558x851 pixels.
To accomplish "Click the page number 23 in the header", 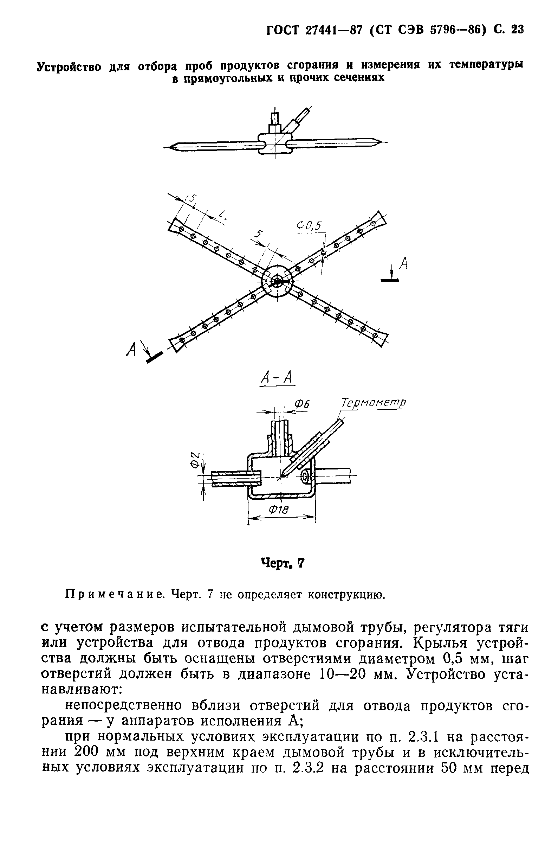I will (x=517, y=30).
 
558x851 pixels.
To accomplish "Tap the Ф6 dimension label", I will (x=301, y=404).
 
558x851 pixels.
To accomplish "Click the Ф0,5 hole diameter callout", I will (x=309, y=226).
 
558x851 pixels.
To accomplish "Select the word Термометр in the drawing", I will (x=373, y=403).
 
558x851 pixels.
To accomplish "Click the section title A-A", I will (x=277, y=378).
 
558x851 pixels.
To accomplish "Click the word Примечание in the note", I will (x=113, y=595).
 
